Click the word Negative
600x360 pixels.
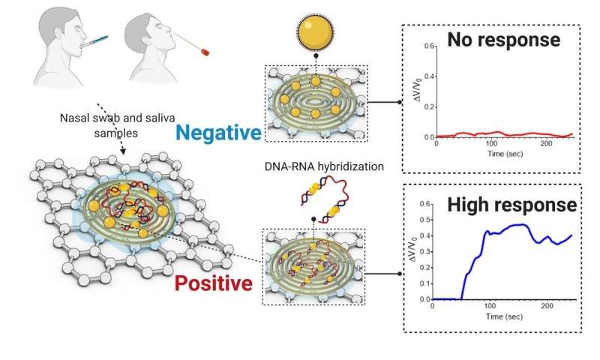point(219,133)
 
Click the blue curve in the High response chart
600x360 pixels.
point(510,225)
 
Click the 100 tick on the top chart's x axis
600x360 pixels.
point(491,145)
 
